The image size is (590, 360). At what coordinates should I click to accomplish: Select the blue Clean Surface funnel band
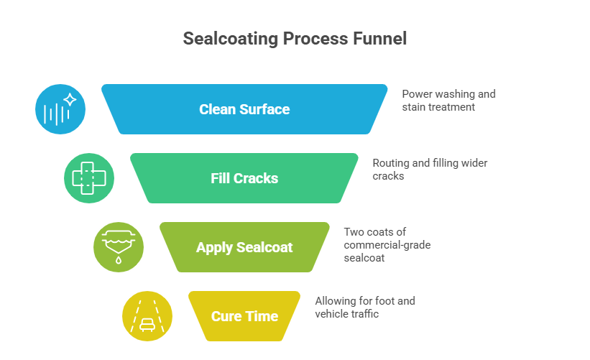pos(244,109)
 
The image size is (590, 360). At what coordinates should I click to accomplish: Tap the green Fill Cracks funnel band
pos(244,178)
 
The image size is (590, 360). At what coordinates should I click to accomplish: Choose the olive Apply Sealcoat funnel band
pos(244,247)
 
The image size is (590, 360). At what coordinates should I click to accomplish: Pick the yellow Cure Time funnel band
pos(244,316)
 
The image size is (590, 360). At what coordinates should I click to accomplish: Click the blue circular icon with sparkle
pos(60,109)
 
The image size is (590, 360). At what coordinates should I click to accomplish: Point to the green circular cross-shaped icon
pos(89,177)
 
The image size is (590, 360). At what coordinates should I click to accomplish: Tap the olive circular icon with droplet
pos(119,247)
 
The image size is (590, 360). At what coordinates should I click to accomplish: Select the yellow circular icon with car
pos(147,316)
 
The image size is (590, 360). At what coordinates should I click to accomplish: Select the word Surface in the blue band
pos(264,109)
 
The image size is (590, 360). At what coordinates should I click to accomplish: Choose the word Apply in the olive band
pos(213,248)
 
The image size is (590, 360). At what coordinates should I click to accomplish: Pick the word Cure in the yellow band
pos(226,317)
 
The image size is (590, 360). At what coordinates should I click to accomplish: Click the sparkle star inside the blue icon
pos(70,99)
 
